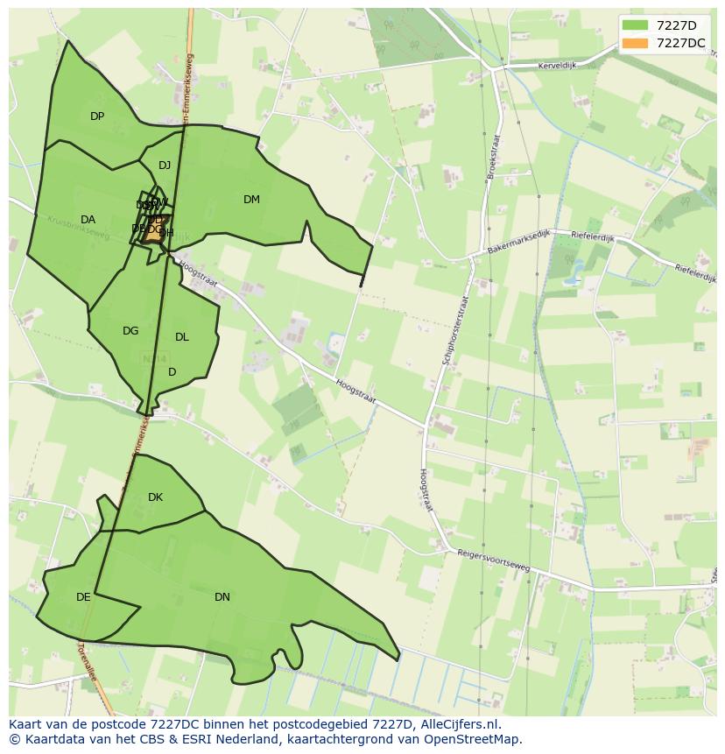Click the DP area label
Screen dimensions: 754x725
(97, 116)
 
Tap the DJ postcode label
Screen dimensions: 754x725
(165, 166)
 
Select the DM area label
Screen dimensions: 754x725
(251, 200)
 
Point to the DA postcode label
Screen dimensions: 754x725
(88, 220)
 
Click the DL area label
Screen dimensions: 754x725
(181, 337)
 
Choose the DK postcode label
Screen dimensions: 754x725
(155, 497)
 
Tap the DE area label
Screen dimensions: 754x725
(83, 597)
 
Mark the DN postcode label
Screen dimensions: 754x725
(222, 597)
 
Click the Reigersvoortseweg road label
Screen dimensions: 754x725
(494, 560)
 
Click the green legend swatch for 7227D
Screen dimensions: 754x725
(634, 25)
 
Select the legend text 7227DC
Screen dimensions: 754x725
(680, 43)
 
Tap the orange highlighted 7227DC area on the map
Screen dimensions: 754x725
(155, 231)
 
